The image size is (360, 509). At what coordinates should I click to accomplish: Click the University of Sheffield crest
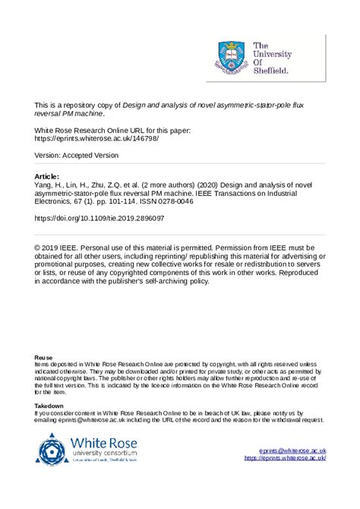pos(232,55)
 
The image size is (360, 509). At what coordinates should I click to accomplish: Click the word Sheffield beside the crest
pos(271,71)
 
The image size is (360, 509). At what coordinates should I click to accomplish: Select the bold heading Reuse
pos(43,357)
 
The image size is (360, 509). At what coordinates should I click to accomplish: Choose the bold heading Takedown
pos(49,406)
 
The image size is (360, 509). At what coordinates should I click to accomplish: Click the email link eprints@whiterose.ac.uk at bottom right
pos(292,451)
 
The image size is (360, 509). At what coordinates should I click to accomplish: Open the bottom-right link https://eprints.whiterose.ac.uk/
pos(285,458)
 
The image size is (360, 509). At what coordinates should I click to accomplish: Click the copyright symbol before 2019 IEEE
pos(39,248)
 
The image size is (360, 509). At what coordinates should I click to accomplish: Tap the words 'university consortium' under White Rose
pos(104,454)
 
